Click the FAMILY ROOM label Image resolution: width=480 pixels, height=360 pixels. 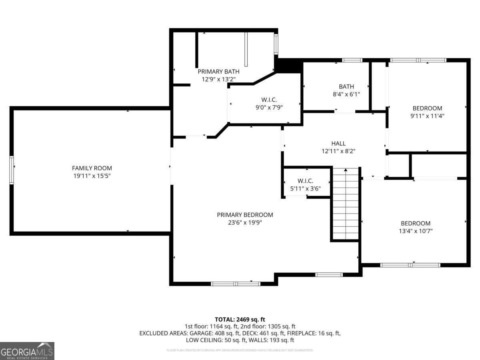pyautogui.click(x=92, y=168)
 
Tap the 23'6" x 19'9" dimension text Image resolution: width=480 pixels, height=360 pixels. pyautogui.click(x=245, y=222)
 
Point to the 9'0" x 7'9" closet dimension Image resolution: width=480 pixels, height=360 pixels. pyautogui.click(x=269, y=107)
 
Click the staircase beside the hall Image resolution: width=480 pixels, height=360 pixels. pyautogui.click(x=346, y=204)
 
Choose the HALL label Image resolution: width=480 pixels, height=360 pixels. pyautogui.click(x=338, y=144)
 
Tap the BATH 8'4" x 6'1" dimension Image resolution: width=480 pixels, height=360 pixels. pyautogui.click(x=346, y=94)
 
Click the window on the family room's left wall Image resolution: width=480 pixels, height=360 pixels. pyautogui.click(x=12, y=170)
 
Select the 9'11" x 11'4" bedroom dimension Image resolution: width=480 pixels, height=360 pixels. pyautogui.click(x=427, y=116)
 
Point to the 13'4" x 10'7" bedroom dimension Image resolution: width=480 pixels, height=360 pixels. pyautogui.click(x=416, y=231)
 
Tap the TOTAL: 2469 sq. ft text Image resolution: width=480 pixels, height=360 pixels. pyautogui.click(x=240, y=319)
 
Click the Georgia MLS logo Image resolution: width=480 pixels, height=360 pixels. pyautogui.click(x=27, y=351)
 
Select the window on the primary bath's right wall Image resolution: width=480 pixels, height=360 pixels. pyautogui.click(x=276, y=44)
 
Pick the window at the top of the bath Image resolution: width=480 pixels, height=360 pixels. pyautogui.click(x=352, y=60)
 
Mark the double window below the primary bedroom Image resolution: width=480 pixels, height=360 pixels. pyautogui.click(x=236, y=284)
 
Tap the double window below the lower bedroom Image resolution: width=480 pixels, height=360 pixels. pyautogui.click(x=410, y=265)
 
